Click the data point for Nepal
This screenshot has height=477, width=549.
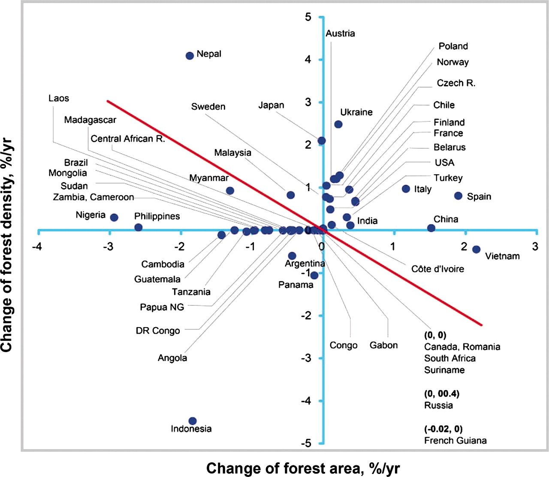190,56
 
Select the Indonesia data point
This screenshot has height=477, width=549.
193,421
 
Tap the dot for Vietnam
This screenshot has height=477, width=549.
476,249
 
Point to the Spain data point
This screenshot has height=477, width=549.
458,196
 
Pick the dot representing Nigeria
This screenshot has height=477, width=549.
114,218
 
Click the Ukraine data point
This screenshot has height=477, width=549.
338,125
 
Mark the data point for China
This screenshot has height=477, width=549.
431,228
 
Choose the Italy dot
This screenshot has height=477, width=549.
406,189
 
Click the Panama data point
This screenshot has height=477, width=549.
314,275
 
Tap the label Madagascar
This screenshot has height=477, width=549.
90,120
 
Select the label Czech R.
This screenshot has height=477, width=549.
456,83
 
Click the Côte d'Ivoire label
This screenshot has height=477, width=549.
437,269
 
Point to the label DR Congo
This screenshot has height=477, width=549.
158,331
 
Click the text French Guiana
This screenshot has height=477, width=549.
455,441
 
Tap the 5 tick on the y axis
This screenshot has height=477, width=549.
308,17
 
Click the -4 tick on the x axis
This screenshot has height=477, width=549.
38,246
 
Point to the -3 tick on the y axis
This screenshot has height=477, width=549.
305,358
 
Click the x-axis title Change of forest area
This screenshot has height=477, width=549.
303,468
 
